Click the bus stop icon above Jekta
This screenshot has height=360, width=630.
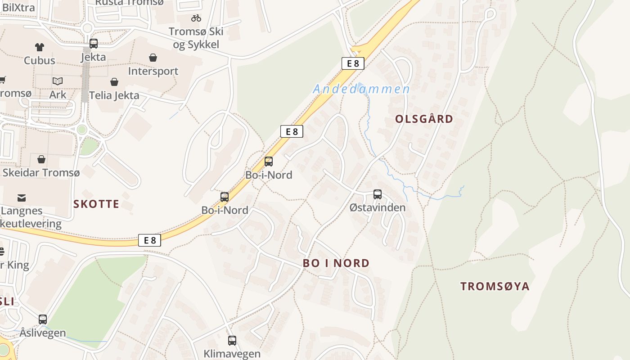click(x=94, y=44)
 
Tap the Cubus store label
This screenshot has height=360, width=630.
click(x=40, y=60)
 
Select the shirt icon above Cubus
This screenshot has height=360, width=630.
click(x=40, y=47)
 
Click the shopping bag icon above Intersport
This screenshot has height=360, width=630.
click(x=153, y=58)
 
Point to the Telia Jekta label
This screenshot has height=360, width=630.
click(x=114, y=95)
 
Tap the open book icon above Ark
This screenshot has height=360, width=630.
click(x=58, y=81)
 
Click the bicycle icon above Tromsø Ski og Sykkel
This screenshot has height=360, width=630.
click(x=196, y=18)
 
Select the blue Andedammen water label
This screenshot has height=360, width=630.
click(x=361, y=89)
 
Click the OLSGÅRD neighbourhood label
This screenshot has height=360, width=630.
click(x=424, y=119)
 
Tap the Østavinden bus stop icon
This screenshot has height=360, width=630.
click(x=378, y=194)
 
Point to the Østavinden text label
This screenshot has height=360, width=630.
click(x=378, y=207)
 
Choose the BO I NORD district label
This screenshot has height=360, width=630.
click(x=336, y=263)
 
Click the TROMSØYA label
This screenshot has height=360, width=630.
click(x=495, y=287)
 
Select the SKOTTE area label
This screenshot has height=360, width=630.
click(x=96, y=204)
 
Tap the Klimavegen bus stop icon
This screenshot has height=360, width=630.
click(x=232, y=341)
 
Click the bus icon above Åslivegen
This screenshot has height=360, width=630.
click(x=43, y=319)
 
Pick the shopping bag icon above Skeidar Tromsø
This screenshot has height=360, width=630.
click(x=41, y=159)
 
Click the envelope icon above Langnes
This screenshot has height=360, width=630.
click(x=22, y=198)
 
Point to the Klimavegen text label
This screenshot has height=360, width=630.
click(x=232, y=354)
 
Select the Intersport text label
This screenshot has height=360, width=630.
click(x=153, y=71)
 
